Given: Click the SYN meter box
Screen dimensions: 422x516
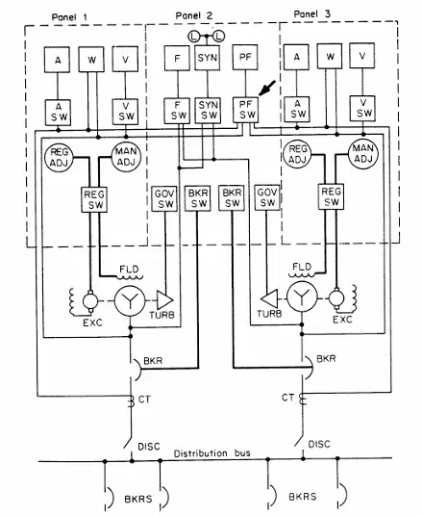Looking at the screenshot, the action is (208, 58).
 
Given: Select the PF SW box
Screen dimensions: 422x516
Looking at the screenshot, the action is (246, 110).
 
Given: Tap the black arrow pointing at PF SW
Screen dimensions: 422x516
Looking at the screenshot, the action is (267, 89).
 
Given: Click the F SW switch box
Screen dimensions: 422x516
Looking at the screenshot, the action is (177, 111).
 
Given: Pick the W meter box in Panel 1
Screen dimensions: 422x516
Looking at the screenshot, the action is (91, 60).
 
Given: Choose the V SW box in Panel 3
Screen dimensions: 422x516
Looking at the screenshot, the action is (362, 109).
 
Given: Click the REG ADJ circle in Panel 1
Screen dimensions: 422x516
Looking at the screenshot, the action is (59, 157).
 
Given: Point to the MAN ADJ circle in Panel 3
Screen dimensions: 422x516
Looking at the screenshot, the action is (363, 153).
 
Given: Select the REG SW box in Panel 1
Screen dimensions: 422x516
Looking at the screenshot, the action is (94, 199).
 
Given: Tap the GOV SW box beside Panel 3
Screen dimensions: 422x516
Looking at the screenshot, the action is (267, 197).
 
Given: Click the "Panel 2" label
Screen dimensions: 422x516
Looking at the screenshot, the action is (194, 15).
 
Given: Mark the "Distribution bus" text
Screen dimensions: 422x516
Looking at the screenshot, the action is (212, 453).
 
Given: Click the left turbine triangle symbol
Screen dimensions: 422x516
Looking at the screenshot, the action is (164, 300).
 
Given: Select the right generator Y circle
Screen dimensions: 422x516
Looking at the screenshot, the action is (303, 297).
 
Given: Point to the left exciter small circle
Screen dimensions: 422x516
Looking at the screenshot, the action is (90, 300).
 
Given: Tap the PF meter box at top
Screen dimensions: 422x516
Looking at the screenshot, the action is (245, 57).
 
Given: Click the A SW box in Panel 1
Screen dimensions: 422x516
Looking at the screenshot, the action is (58, 113).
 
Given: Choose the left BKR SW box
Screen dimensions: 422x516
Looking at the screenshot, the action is (197, 198).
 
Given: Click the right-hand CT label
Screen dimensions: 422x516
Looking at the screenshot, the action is (288, 398).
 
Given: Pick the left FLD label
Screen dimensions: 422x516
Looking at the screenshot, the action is (129, 270).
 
